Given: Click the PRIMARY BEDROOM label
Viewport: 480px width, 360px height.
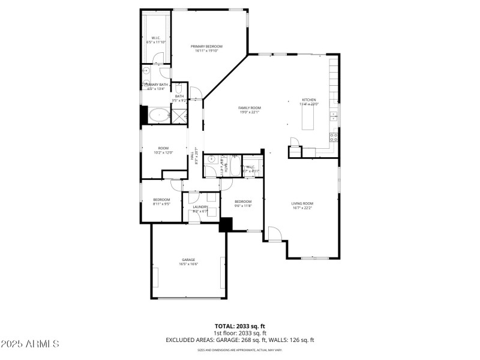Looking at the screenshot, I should coord(206,46).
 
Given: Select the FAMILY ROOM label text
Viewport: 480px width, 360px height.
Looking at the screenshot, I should coord(250,108).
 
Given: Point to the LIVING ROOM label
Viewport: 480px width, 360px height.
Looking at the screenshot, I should coord(302,203).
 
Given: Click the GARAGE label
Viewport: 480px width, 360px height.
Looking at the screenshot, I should coord(188,260).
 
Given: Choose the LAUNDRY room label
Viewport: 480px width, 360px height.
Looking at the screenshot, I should coord(200,207).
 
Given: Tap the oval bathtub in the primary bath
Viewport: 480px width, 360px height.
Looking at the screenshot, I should coord(158,115).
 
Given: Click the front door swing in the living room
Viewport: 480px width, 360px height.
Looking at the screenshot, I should coord(272,234).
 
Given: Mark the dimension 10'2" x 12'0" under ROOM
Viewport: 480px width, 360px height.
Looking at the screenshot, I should coord(163,152).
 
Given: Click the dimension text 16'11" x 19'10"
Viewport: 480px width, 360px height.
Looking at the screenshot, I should coord(206,51).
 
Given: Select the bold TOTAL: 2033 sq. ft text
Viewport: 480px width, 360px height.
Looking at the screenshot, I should coord(239,326).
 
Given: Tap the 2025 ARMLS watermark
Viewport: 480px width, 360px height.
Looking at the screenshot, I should coord(30,344).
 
